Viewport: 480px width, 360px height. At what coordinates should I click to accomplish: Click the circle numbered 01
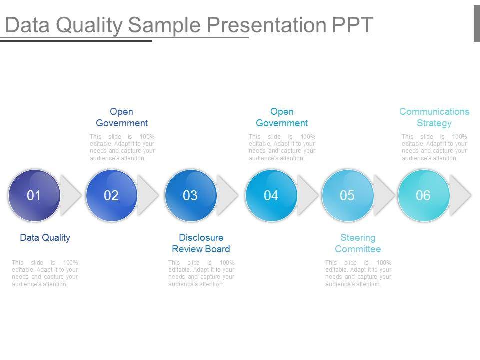click(x=34, y=195)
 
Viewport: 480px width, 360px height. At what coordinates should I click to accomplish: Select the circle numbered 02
click(x=111, y=195)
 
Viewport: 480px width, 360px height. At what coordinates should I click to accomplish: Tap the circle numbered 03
click(x=191, y=195)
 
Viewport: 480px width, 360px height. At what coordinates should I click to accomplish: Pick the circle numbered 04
click(x=271, y=195)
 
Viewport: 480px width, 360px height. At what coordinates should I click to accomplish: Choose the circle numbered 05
click(x=348, y=195)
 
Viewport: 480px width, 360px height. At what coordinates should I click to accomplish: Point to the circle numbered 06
click(x=424, y=195)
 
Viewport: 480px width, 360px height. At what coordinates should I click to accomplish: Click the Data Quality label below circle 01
click(x=45, y=238)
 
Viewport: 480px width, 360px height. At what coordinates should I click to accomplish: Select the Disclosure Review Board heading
click(x=201, y=243)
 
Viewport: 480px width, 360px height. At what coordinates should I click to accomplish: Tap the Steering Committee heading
click(x=358, y=243)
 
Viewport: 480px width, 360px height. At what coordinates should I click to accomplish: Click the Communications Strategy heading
click(x=434, y=117)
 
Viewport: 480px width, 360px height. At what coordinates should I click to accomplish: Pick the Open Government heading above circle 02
click(x=122, y=117)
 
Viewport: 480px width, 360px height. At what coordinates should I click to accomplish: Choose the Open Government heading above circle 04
click(x=282, y=117)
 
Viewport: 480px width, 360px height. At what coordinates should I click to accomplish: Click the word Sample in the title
click(x=164, y=25)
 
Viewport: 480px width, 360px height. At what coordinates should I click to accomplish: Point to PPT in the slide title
click(x=352, y=25)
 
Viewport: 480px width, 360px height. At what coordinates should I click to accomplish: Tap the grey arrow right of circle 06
click(x=460, y=195)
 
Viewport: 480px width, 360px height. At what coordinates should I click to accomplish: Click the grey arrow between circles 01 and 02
click(x=71, y=195)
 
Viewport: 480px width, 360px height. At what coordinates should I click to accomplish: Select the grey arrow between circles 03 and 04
click(x=228, y=195)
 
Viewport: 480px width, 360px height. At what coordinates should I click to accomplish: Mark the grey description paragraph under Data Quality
click(x=45, y=273)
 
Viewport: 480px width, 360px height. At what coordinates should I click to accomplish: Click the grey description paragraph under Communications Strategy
click(x=434, y=147)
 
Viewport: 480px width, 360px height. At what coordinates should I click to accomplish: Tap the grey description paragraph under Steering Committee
click(x=358, y=273)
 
